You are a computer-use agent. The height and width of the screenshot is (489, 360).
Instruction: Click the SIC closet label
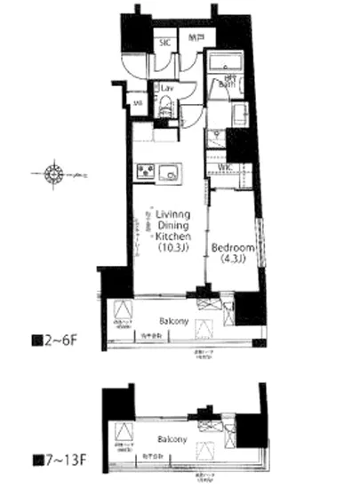[x=164, y=41]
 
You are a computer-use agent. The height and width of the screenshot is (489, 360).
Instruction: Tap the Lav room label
[x=166, y=89]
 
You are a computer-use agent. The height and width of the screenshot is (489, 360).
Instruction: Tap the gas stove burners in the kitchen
[x=145, y=171]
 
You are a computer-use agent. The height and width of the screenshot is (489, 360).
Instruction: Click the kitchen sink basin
[x=172, y=171]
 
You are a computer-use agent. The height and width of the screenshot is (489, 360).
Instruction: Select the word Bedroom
[x=233, y=245]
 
